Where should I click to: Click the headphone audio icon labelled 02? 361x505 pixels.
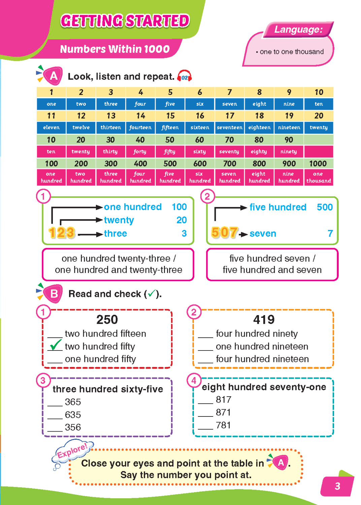(x=185, y=77)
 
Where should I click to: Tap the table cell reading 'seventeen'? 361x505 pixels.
(x=229, y=128)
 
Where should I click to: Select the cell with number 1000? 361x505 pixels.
(x=318, y=164)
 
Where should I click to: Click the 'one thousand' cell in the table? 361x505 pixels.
(x=318, y=177)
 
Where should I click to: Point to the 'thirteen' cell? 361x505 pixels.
(x=111, y=128)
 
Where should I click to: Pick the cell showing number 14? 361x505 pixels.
(x=140, y=116)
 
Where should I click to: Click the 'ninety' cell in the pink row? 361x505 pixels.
(x=289, y=151)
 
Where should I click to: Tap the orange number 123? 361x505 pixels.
(x=61, y=233)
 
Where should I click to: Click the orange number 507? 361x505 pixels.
(x=224, y=232)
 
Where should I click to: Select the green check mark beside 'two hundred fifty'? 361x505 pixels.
(x=55, y=345)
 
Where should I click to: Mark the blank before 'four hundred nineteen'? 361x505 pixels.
(x=205, y=360)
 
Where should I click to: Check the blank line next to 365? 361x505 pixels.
(x=55, y=403)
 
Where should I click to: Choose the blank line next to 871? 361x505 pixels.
(x=205, y=413)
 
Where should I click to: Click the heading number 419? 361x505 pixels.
(x=264, y=319)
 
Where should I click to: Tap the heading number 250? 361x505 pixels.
(x=107, y=319)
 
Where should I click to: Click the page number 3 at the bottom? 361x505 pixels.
(x=337, y=486)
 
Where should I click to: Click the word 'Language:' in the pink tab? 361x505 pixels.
(x=298, y=30)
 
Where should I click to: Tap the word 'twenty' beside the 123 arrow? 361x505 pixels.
(x=119, y=220)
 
